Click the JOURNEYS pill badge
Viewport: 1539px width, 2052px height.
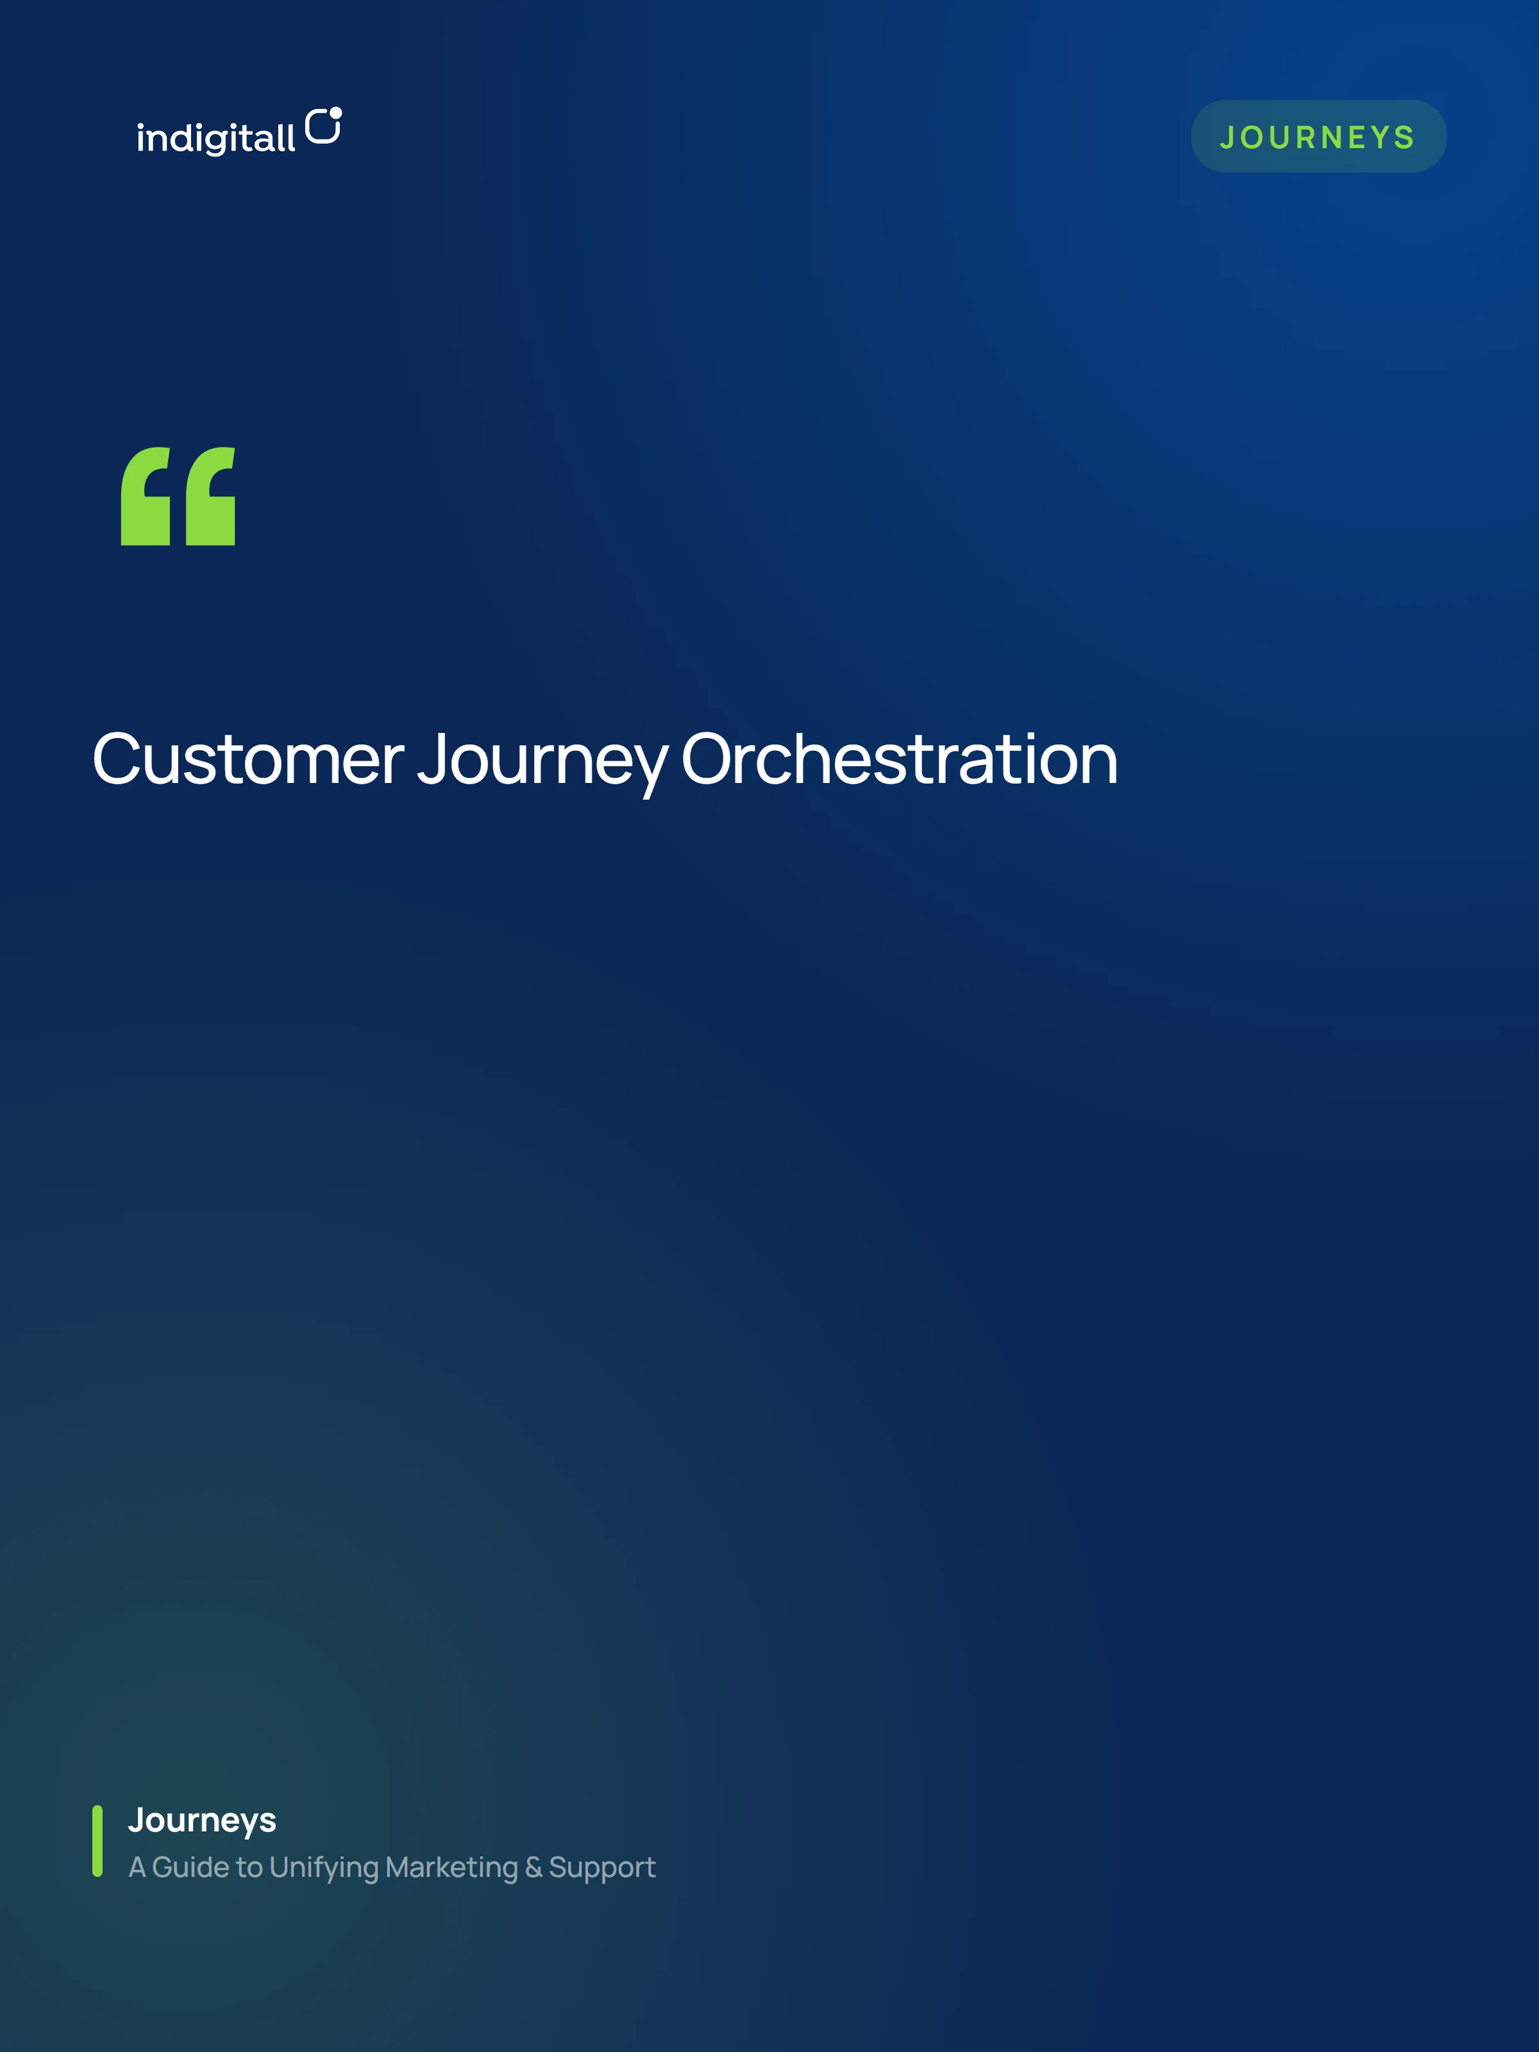pos(1318,137)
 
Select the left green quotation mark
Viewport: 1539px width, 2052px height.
pos(146,496)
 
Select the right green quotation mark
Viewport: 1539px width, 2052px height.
pos(210,496)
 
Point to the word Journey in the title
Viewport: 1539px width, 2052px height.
pos(542,762)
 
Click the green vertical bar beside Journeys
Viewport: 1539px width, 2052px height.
pos(97,1840)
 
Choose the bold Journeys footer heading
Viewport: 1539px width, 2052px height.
pos(202,1821)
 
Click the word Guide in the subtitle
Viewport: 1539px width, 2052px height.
pos(190,1867)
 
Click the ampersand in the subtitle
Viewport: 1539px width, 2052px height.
pos(534,1867)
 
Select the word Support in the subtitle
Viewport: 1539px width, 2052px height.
pos(602,1869)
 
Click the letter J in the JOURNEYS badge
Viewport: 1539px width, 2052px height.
pos(1227,137)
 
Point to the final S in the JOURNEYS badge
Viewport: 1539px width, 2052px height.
pos(1404,137)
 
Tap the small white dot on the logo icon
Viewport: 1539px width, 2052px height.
pos(336,113)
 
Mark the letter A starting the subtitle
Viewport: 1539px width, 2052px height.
pos(137,1867)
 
